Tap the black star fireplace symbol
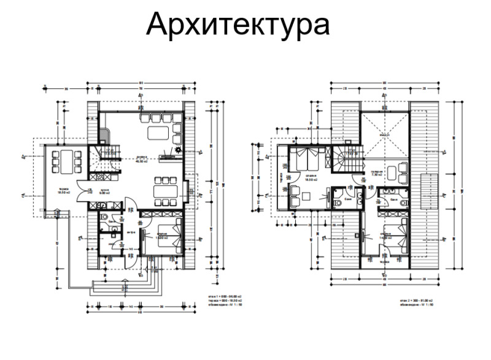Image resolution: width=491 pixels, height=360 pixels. [177, 149]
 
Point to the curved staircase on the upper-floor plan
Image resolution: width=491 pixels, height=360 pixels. [344, 161]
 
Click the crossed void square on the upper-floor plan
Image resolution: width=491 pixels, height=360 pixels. [384, 134]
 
